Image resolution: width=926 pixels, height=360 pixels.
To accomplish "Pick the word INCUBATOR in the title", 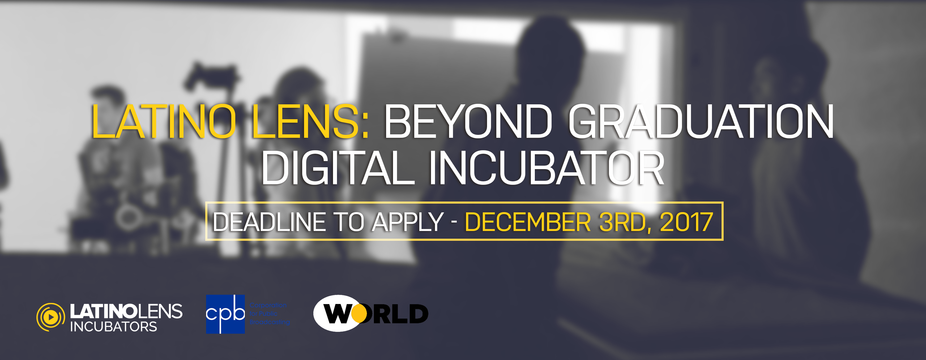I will [547, 168].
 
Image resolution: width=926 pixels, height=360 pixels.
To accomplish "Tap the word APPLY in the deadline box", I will [408, 222].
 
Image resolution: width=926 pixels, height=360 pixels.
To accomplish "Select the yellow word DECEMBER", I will [528, 222].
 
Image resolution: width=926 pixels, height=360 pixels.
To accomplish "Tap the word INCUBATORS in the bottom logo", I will [113, 327].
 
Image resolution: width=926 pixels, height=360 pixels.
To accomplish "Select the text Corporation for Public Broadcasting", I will [269, 314].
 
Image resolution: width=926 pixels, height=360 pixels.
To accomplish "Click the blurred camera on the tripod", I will [212, 77].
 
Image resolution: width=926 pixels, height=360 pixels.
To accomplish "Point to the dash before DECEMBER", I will [454, 222].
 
